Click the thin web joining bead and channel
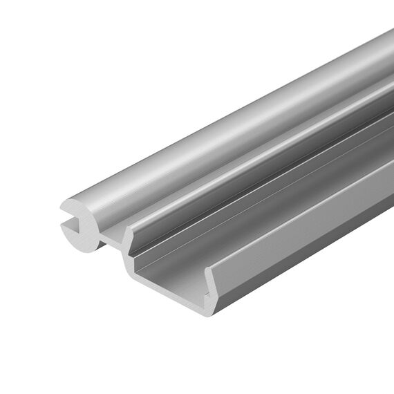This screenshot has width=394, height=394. click(x=111, y=240)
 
